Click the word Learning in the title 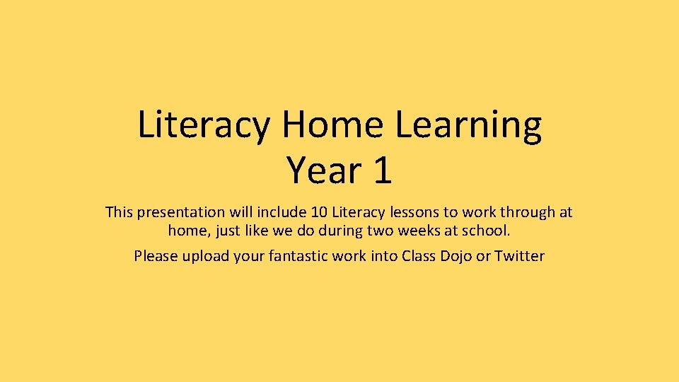[468, 126]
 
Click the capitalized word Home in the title [332, 125]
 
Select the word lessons [414, 212]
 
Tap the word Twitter [520, 256]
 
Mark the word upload [205, 257]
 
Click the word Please [156, 256]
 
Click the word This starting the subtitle [119, 212]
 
